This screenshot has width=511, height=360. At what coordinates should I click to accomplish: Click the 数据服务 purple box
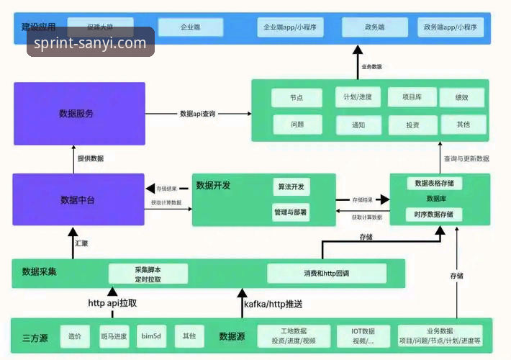(79, 114)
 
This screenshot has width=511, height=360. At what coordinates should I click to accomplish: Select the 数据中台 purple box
(79, 199)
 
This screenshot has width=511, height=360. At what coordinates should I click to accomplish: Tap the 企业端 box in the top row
(190, 27)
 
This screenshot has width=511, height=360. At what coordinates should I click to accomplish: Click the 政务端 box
(374, 27)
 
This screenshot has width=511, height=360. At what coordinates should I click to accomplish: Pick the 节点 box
(297, 97)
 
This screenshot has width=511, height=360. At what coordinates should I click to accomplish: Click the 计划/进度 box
(358, 96)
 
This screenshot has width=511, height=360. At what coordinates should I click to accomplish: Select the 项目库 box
(412, 96)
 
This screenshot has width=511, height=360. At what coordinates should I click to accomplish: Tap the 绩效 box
(463, 96)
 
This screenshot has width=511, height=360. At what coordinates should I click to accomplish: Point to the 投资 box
(412, 125)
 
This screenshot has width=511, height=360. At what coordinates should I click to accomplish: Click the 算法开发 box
(291, 187)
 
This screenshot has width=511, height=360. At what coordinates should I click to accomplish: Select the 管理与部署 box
(291, 213)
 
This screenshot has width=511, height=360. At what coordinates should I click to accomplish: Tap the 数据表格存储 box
(434, 184)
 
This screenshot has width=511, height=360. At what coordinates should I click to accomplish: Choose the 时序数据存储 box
(434, 215)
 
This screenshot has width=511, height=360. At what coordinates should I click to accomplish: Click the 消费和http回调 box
(326, 274)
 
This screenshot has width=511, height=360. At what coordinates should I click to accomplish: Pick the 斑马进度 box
(114, 336)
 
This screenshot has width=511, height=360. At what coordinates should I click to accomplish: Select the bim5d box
(151, 336)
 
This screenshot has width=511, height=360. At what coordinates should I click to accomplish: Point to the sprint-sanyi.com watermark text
(91, 43)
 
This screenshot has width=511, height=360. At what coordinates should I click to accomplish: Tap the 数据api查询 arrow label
(198, 114)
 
